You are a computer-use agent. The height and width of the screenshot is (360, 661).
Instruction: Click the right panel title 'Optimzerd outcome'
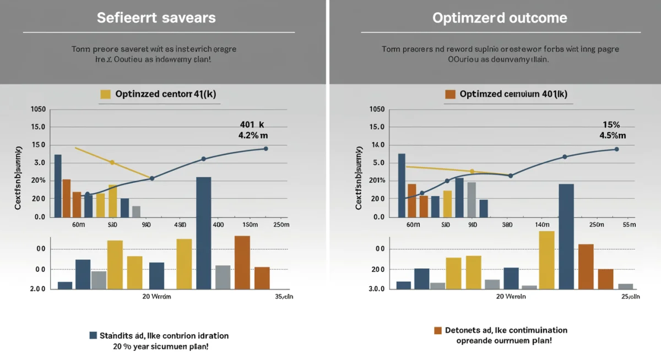(x=500, y=18)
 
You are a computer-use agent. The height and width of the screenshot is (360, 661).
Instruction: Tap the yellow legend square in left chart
(x=106, y=94)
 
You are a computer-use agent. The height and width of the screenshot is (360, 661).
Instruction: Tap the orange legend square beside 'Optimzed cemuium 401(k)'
(x=450, y=94)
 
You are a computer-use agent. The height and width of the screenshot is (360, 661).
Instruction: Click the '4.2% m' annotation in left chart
(x=253, y=135)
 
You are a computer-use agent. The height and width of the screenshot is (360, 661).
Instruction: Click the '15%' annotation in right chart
(x=611, y=125)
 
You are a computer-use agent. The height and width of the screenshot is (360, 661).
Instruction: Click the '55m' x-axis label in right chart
(x=629, y=225)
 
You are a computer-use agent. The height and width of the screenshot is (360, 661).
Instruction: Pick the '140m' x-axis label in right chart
(x=543, y=225)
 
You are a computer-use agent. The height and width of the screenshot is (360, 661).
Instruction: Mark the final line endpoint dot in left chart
(x=266, y=149)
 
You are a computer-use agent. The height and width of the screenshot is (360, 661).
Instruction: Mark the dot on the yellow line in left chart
(x=112, y=162)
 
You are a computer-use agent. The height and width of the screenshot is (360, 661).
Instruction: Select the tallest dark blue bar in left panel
(x=203, y=231)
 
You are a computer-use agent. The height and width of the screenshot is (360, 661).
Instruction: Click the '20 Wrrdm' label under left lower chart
(x=156, y=296)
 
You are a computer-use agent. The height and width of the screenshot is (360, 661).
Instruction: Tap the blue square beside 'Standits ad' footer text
(x=93, y=335)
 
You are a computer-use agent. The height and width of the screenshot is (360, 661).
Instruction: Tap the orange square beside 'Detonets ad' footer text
(x=438, y=330)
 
